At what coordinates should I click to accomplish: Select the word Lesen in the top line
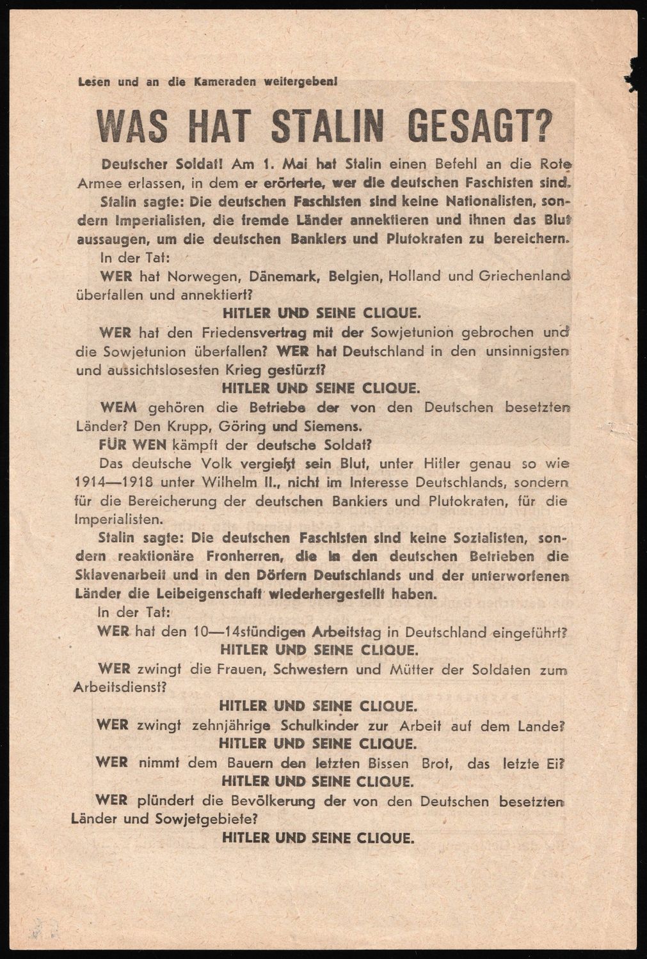click(92, 81)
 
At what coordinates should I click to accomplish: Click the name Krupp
click(191, 425)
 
